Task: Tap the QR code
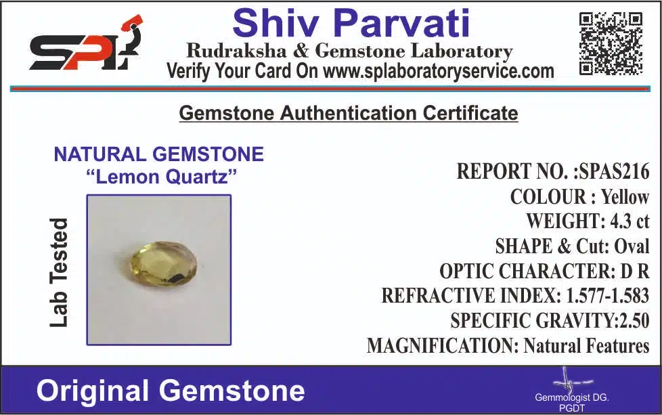coord(611,44)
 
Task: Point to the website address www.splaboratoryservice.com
coord(439,71)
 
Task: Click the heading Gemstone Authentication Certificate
coord(349,113)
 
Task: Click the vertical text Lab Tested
coord(58,273)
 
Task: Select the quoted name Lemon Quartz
coord(161,177)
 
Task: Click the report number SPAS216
coord(615,171)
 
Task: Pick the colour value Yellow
coord(625,197)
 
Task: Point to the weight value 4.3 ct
coord(630,221)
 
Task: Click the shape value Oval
coord(632,246)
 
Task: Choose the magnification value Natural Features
coord(586,345)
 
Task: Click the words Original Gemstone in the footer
coord(171,391)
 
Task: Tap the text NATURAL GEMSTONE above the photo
coord(159,154)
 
